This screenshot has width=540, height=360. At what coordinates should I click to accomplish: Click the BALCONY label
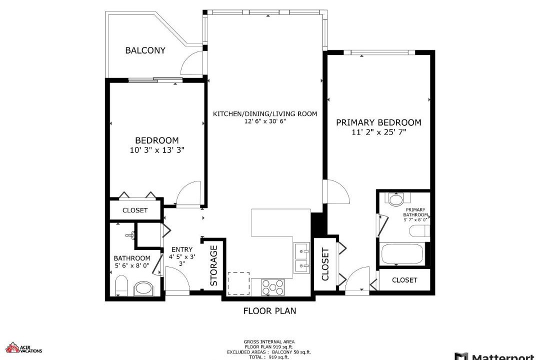pyautogui.click(x=145, y=50)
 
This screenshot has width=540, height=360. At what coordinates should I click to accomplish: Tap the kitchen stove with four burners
pyautogui.click(x=273, y=287)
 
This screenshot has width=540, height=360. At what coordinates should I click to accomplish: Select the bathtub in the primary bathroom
pyautogui.click(x=402, y=254)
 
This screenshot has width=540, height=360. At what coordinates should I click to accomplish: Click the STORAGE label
pyautogui.click(x=214, y=265)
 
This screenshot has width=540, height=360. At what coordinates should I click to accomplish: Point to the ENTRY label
pyautogui.click(x=182, y=249)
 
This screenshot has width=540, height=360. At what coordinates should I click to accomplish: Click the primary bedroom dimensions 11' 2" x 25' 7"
pyautogui.click(x=379, y=132)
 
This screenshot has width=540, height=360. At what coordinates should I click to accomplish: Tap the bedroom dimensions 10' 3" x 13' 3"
pyautogui.click(x=157, y=150)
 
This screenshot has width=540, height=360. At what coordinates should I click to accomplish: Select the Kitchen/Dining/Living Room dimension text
pyautogui.click(x=265, y=121)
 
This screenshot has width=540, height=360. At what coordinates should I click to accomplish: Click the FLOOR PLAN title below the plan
pyautogui.click(x=269, y=310)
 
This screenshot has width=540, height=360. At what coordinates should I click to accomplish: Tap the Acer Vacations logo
pyautogui.click(x=24, y=347)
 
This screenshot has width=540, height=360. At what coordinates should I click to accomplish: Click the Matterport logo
pyautogui.click(x=496, y=356)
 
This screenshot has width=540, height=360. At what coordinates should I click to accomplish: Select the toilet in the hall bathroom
pyautogui.click(x=121, y=285)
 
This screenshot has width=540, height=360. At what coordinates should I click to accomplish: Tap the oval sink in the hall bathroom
pyautogui.click(x=143, y=288)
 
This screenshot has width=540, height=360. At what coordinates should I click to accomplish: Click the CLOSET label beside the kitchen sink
pyautogui.click(x=325, y=264)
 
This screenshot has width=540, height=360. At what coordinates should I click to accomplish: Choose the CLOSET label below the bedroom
pyautogui.click(x=135, y=210)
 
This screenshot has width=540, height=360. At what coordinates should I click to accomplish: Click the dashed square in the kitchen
pyautogui.click(x=238, y=283)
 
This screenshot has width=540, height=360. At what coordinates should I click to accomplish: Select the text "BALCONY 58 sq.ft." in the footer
pyautogui.click(x=291, y=352)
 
